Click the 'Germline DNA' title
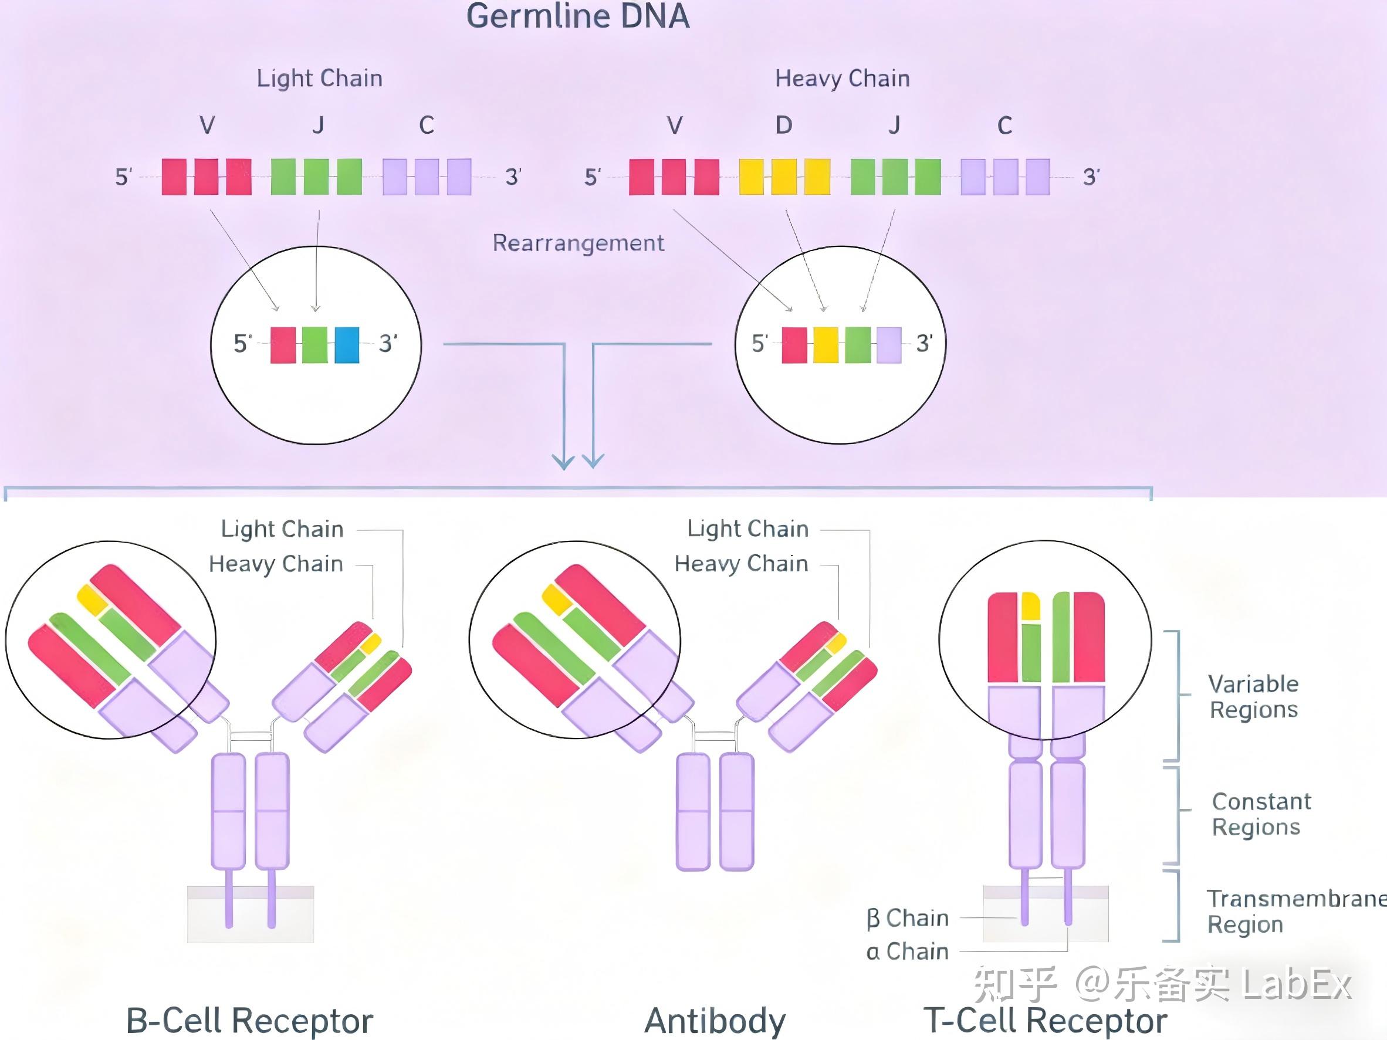point(577,16)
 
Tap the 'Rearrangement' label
point(578,243)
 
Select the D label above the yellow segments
point(783,126)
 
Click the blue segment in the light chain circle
point(347,345)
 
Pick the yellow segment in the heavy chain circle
point(825,345)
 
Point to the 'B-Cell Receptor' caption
point(249,1021)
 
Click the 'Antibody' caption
point(715,1021)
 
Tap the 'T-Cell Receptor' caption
point(1046,1021)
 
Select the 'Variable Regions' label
point(1253,696)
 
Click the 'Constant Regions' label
point(1261,814)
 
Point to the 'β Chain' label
point(907,919)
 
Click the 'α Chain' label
point(907,951)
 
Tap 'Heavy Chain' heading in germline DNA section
point(842,79)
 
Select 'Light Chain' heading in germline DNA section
point(319,79)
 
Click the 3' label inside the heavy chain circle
point(924,344)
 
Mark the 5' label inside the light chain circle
point(243,344)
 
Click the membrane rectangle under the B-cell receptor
point(250,914)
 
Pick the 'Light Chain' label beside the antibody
point(747,529)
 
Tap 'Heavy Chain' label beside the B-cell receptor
point(276,564)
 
